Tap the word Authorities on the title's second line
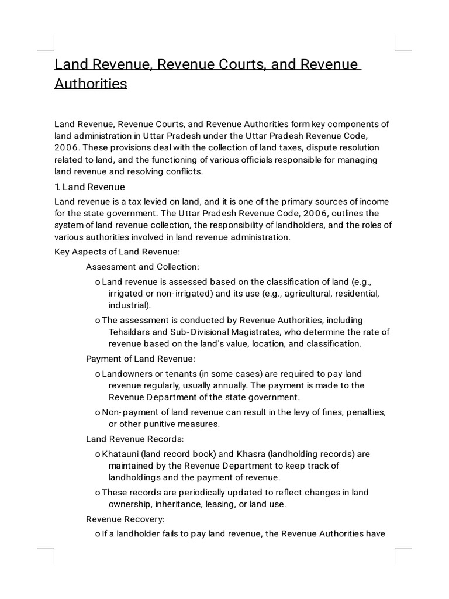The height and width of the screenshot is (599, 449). pyautogui.click(x=91, y=84)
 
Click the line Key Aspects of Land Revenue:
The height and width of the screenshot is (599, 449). pyautogui.click(x=117, y=252)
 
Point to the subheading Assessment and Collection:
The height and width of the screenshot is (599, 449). pyautogui.click(x=143, y=267)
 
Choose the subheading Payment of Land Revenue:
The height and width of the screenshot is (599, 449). pyautogui.click(x=140, y=358)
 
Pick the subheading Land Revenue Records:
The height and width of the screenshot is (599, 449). pyautogui.click(x=136, y=438)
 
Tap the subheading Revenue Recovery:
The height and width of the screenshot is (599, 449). pyautogui.click(x=126, y=518)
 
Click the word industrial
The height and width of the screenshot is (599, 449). pyautogui.click(x=129, y=305)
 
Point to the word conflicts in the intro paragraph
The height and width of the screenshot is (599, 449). pyautogui.click(x=183, y=171)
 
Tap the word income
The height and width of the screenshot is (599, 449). pyautogui.click(x=375, y=201)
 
